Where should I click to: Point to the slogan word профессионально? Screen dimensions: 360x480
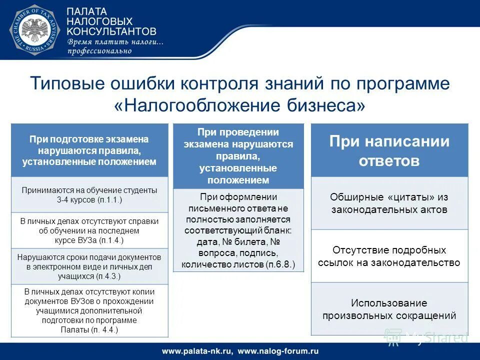[x=99, y=50]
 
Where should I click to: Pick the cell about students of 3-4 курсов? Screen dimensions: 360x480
[x=89, y=194]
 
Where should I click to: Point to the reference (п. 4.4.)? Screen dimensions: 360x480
[x=103, y=329]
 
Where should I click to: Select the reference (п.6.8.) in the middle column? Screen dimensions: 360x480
[x=281, y=264]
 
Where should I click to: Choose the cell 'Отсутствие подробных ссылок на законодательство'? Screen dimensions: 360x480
[x=389, y=256]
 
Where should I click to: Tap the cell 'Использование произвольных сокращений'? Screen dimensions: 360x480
[x=389, y=309]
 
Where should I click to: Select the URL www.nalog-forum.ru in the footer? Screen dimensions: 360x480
[x=278, y=350]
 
